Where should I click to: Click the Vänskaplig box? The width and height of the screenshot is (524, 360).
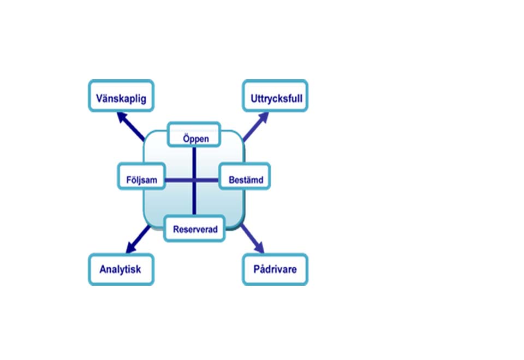(x=121, y=96)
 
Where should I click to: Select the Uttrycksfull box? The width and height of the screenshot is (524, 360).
(x=275, y=96)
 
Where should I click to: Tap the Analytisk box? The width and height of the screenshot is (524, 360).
(x=121, y=269)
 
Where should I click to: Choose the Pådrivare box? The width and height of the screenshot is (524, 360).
(x=275, y=269)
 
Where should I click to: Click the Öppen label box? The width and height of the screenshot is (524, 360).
(x=194, y=135)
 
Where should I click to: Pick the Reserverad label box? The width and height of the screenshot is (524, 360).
(x=195, y=229)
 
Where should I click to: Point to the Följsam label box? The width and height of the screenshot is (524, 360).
(x=141, y=179)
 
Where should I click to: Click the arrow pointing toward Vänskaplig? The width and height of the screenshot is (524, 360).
(x=132, y=125)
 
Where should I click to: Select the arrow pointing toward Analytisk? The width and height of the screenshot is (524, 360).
(x=138, y=239)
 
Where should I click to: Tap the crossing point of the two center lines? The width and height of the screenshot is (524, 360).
(x=194, y=180)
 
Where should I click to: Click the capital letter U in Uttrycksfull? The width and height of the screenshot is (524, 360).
(x=254, y=100)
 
